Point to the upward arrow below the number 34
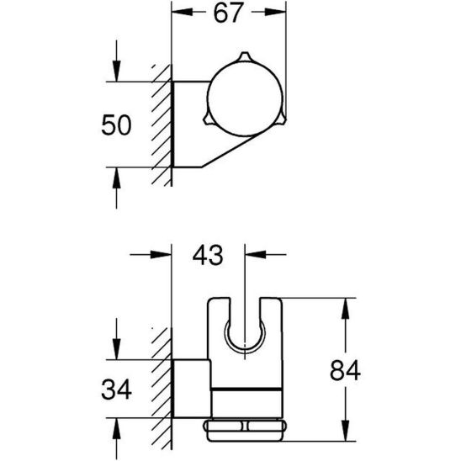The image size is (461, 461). (115, 429)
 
